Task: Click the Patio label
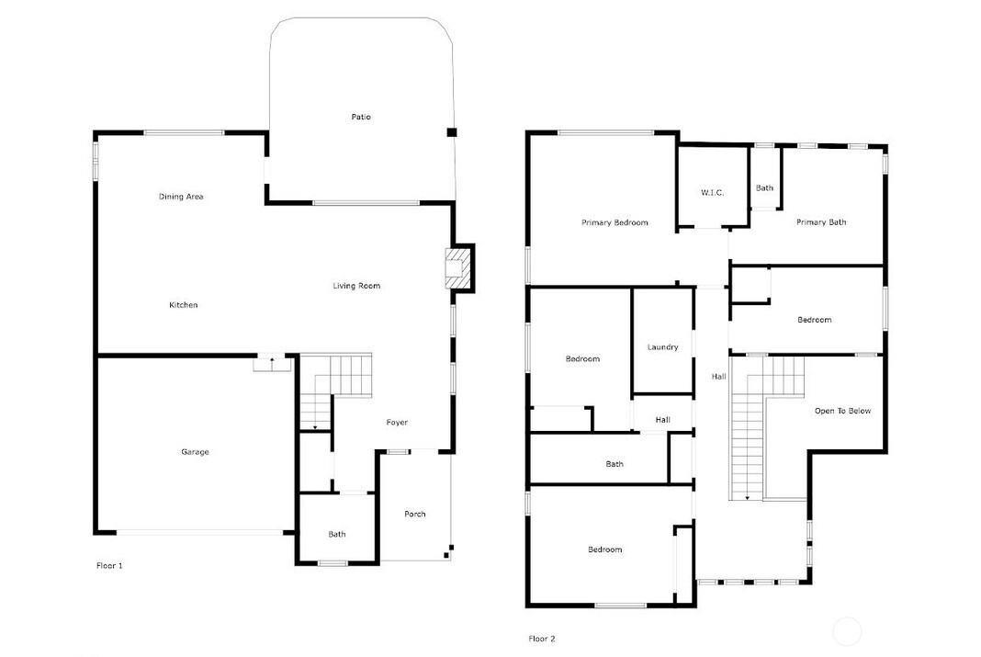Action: (361, 117)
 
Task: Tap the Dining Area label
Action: (181, 197)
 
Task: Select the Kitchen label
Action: (184, 305)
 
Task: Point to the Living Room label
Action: (356, 286)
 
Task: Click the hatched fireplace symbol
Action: (457, 267)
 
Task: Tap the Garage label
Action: (196, 452)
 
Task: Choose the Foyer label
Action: (397, 423)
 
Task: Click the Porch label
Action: (415, 515)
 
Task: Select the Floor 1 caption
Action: (109, 566)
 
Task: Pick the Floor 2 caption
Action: (542, 639)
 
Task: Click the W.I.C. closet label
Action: (713, 193)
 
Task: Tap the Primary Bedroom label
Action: (615, 222)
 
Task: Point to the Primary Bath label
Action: (821, 222)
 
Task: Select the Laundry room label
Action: (662, 347)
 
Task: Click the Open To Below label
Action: (842, 411)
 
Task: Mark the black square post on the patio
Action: (451, 132)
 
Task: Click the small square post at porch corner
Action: (446, 554)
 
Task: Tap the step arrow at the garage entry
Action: (272, 361)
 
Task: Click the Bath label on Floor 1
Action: (336, 535)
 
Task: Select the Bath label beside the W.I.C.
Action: (764, 187)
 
